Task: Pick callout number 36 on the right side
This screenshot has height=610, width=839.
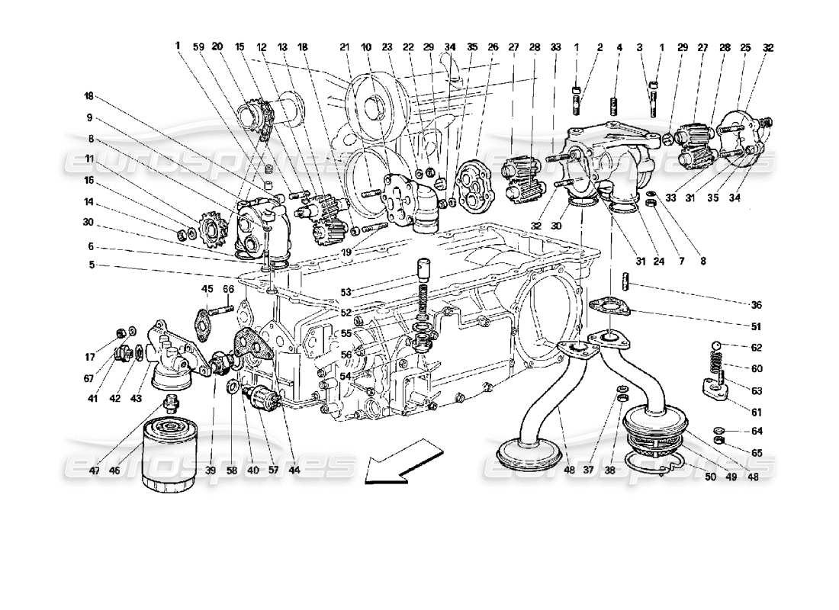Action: (756, 305)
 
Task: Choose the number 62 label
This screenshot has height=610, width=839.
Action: (756, 347)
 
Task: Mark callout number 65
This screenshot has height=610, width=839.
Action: (756, 453)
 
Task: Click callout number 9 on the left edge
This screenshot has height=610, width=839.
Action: (89, 118)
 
